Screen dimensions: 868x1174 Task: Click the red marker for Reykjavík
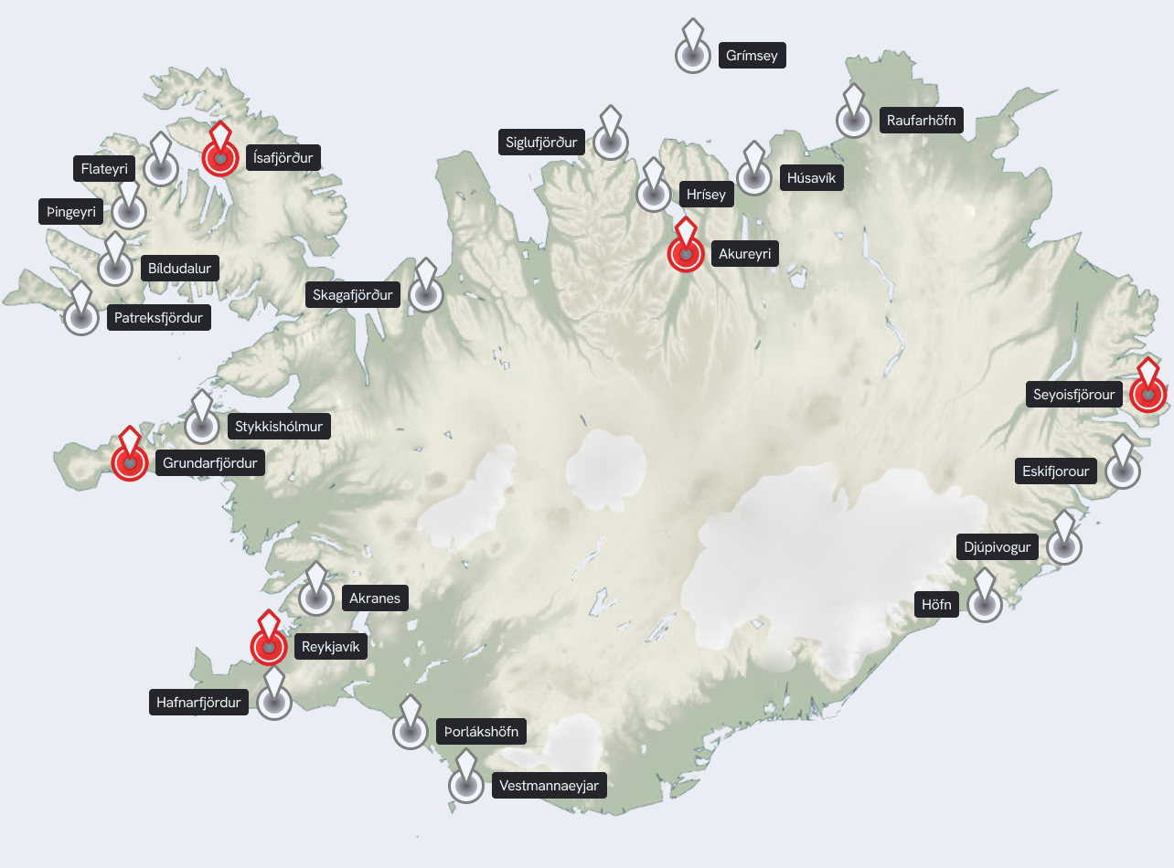(269, 645)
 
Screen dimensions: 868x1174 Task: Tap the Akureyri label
(745, 254)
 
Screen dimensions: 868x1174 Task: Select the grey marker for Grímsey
(693, 55)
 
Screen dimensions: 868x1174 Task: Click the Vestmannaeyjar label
(550, 785)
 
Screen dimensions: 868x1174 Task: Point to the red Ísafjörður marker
(219, 157)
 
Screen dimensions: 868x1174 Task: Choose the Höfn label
(937, 604)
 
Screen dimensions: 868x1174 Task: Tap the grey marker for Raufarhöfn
(854, 120)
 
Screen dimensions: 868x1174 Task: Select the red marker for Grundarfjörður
(130, 462)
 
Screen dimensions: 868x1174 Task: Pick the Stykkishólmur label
(279, 426)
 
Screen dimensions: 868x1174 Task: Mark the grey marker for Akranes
(316, 598)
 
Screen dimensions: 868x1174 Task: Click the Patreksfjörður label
(159, 318)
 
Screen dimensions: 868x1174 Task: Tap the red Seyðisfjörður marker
(1147, 394)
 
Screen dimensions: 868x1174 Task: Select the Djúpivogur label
(998, 547)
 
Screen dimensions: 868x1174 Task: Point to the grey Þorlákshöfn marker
(411, 731)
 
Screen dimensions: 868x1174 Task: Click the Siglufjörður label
(542, 142)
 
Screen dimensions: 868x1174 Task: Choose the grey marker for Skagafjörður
(425, 294)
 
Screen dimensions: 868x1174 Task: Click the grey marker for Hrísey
(653, 194)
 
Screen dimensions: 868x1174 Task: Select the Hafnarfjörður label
(198, 703)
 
